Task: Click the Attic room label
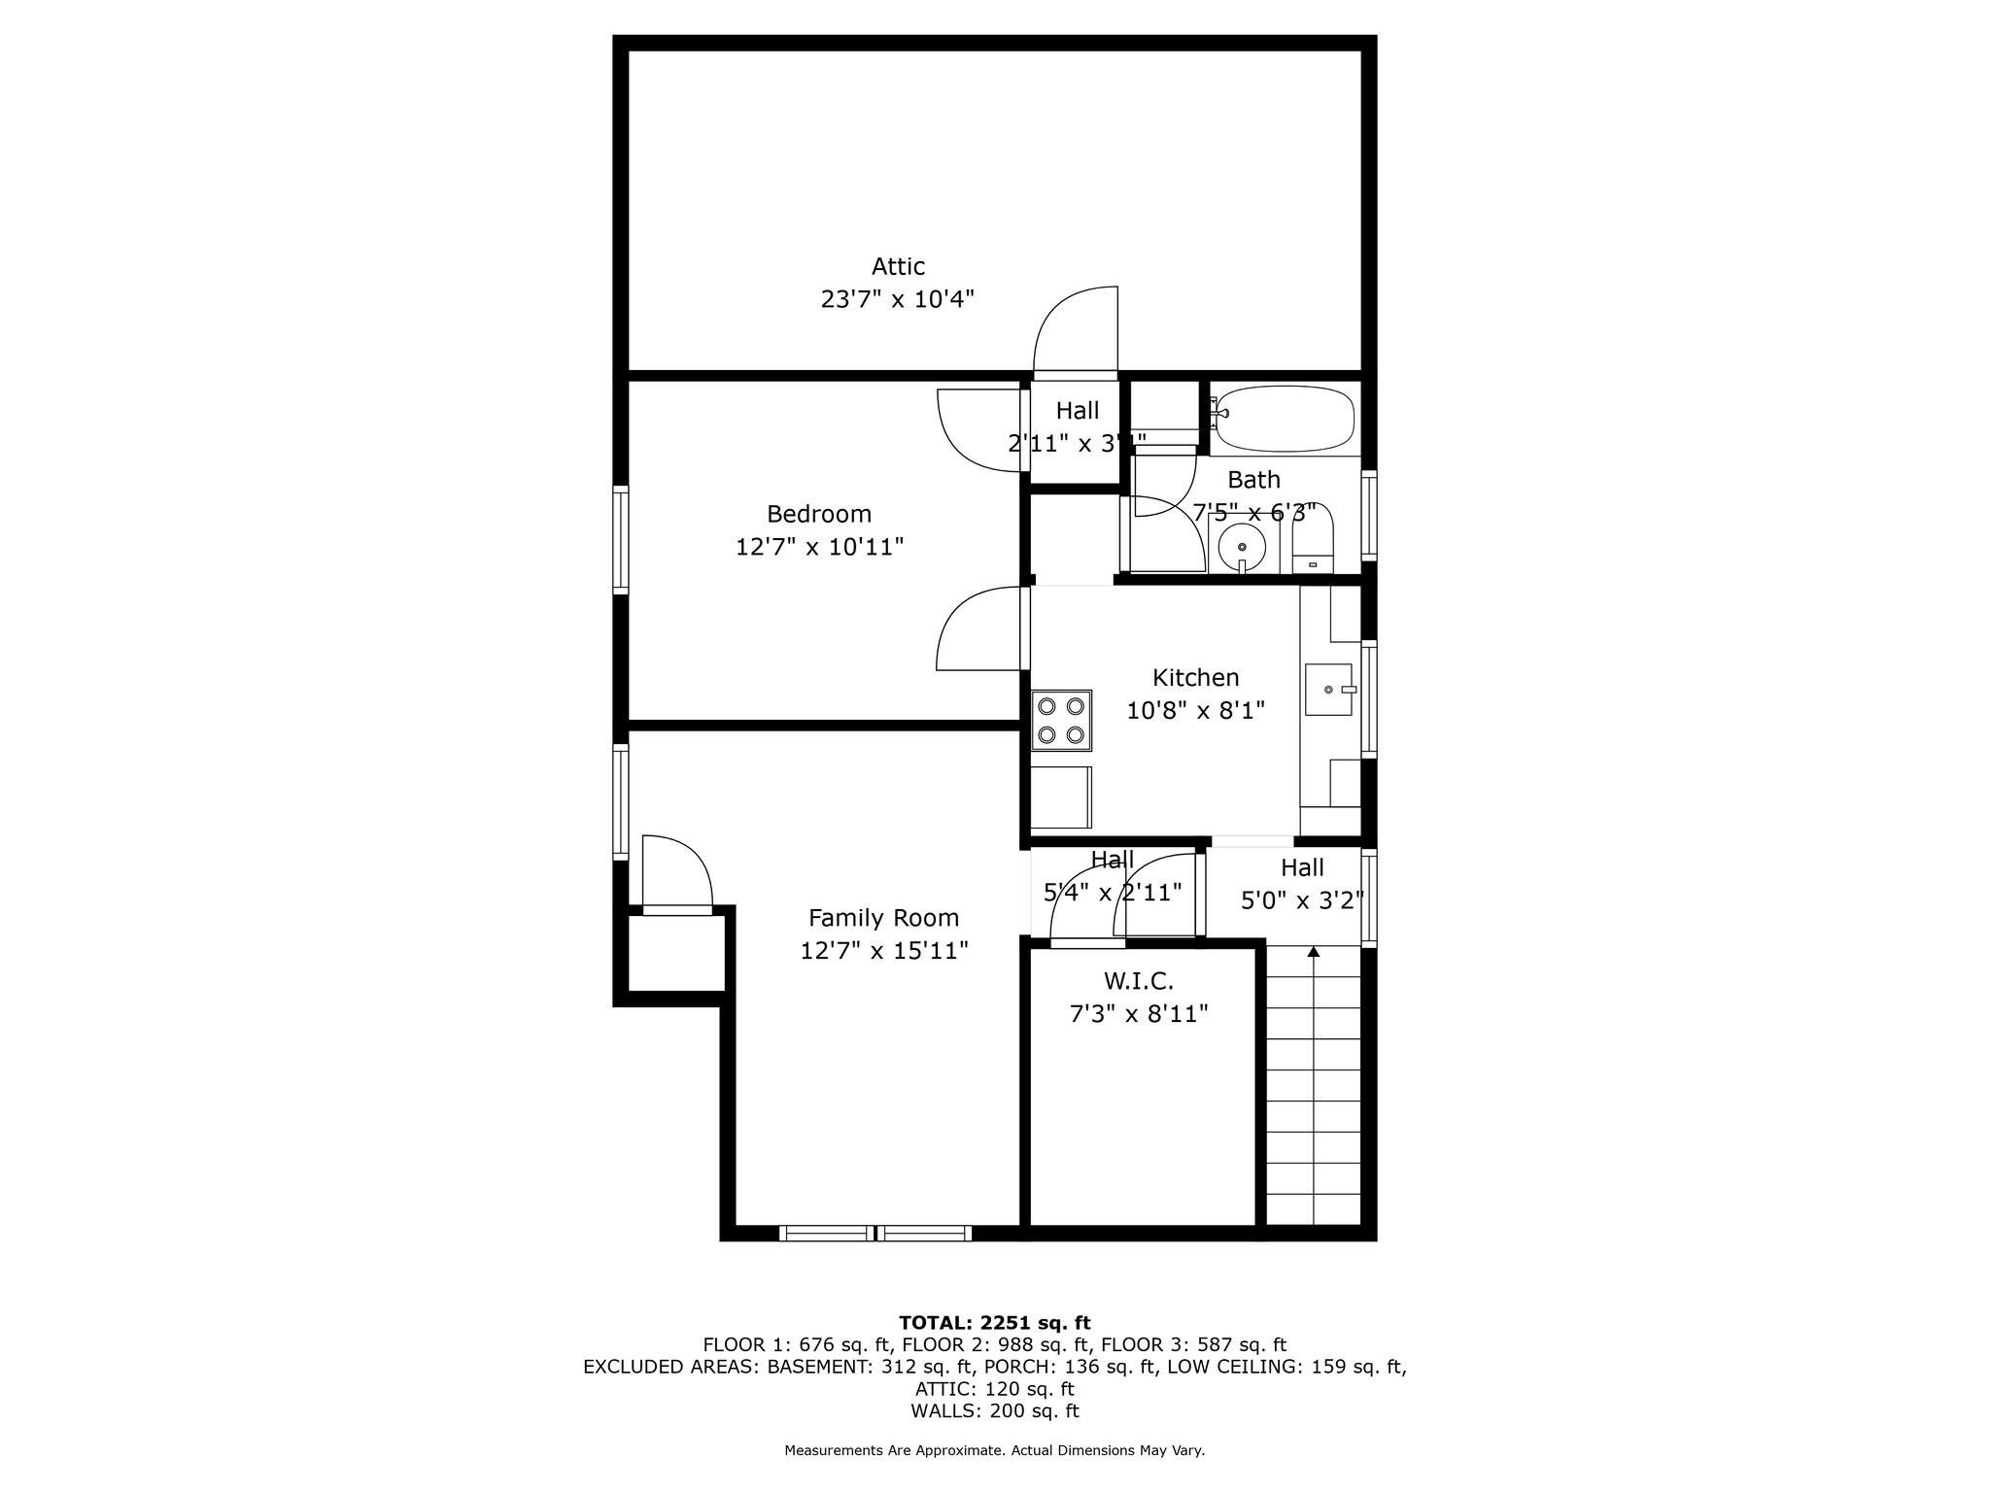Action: (897, 266)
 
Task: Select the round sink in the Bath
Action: (1242, 548)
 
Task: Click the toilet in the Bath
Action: (1313, 544)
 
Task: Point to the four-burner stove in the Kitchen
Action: (1061, 720)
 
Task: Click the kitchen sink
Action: (1328, 690)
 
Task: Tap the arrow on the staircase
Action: (1314, 953)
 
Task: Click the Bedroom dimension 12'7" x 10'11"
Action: (819, 547)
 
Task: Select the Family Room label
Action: (883, 918)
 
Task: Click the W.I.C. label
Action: (1138, 982)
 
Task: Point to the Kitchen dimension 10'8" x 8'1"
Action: (1195, 711)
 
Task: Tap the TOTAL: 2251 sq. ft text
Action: (994, 1322)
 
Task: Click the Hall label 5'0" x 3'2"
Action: (1302, 900)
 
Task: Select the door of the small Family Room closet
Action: (677, 874)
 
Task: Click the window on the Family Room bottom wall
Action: (875, 1233)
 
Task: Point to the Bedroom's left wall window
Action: (620, 539)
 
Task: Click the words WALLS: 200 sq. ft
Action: (994, 1410)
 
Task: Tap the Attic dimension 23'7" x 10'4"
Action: (897, 299)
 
